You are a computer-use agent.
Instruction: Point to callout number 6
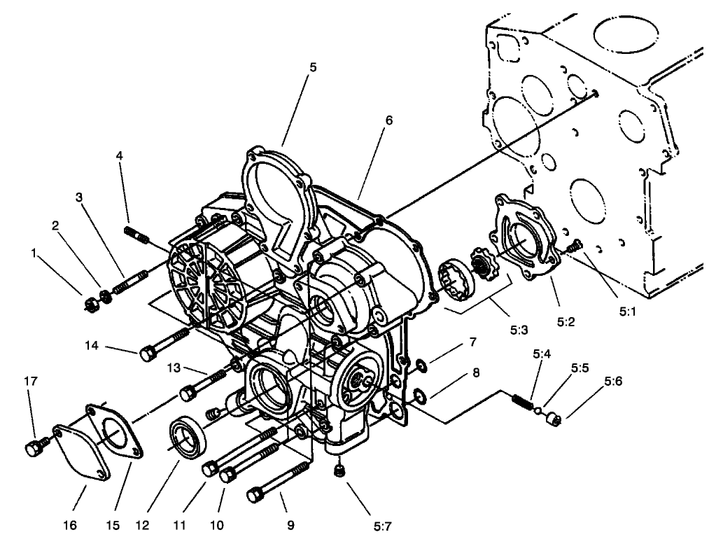point(388,120)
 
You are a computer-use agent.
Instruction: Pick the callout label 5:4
point(542,354)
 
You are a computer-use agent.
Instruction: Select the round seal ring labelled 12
point(188,438)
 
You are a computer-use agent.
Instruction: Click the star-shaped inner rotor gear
point(482,269)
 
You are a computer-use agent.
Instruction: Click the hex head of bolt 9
point(255,496)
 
